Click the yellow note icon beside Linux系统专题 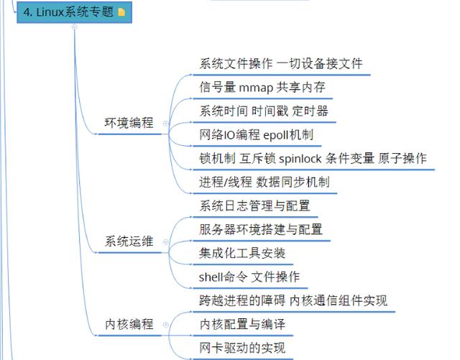click(x=121, y=12)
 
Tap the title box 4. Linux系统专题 click(x=68, y=12)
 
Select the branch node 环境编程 click(x=129, y=123)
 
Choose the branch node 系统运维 click(x=129, y=241)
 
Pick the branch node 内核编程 click(x=129, y=324)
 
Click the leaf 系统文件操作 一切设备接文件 click(x=281, y=63)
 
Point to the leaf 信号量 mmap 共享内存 click(x=262, y=87)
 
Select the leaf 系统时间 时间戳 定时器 click(x=264, y=111)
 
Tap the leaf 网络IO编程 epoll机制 click(x=256, y=134)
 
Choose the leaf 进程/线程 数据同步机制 click(x=264, y=182)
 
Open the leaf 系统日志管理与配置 click(x=255, y=206)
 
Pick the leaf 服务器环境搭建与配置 click(x=261, y=229)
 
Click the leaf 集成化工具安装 click(x=242, y=253)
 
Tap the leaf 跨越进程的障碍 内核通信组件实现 click(x=293, y=300)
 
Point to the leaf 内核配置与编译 click(x=242, y=324)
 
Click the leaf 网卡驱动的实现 click(x=242, y=348)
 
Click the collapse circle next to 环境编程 click(x=165, y=124)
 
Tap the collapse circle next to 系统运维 click(x=165, y=242)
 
